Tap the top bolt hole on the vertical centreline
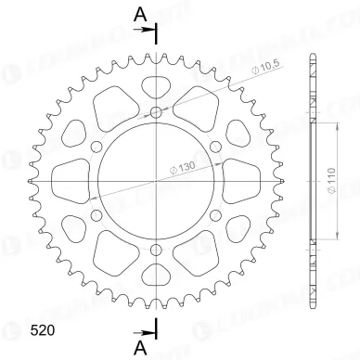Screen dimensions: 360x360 156,112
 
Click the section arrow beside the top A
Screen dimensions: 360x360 147,30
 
